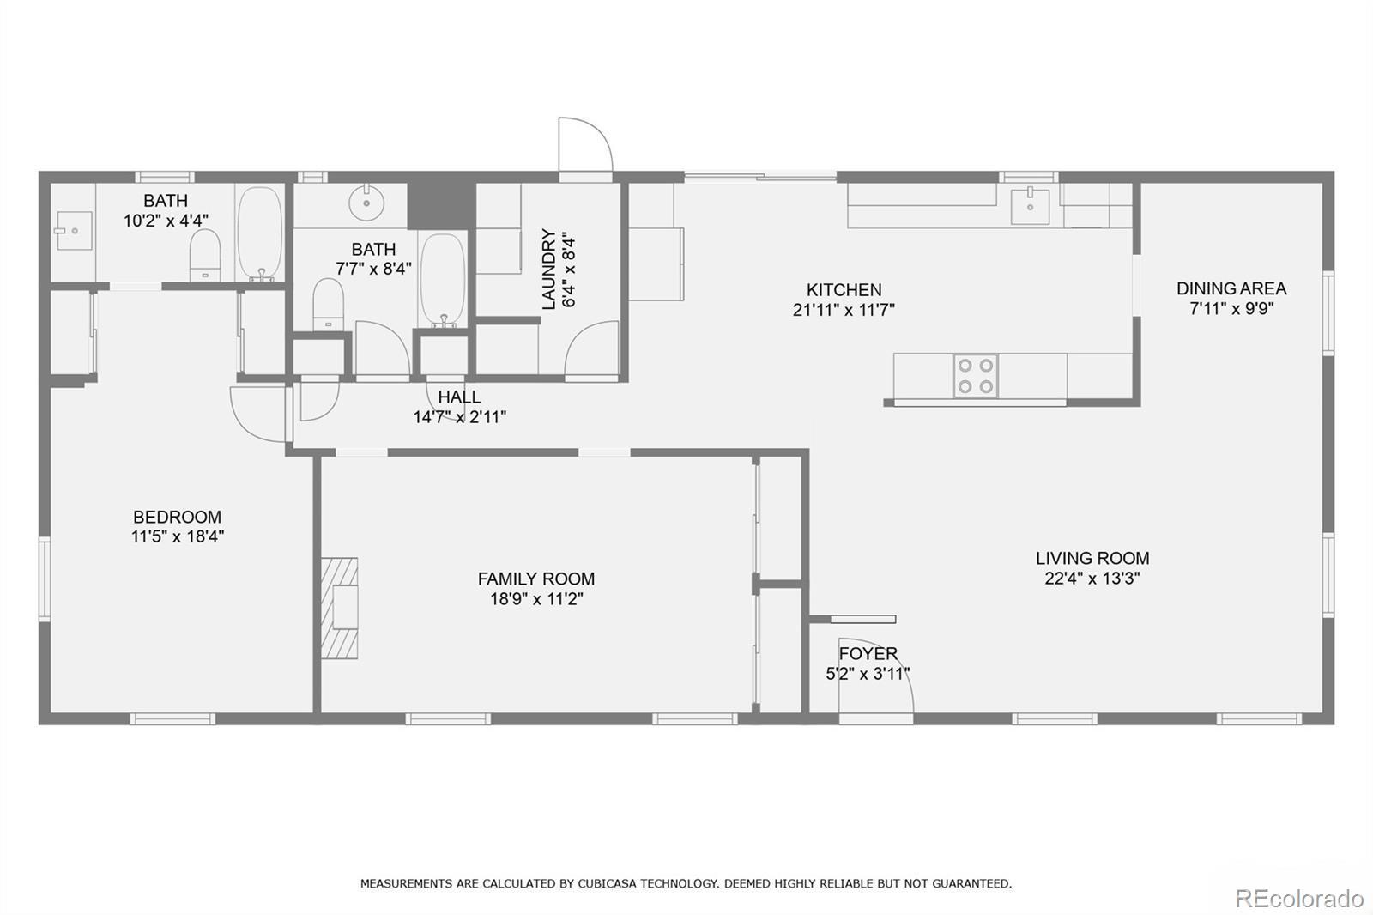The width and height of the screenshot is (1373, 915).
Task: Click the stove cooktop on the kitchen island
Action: click(976, 376)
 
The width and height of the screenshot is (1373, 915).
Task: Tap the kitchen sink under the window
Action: click(1030, 206)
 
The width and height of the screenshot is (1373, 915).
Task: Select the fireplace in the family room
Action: click(340, 608)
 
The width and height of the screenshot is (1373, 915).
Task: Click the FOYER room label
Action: click(868, 654)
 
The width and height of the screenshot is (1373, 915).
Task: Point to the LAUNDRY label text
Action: click(548, 269)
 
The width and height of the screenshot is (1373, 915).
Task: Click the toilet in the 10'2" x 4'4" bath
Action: click(205, 255)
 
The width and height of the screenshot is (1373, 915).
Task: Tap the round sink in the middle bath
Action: click(367, 203)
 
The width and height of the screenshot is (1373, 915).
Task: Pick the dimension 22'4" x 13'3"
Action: click(1092, 579)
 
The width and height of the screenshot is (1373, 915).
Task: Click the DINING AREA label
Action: click(1231, 288)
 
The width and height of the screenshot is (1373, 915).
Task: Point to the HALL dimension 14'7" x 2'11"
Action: click(459, 417)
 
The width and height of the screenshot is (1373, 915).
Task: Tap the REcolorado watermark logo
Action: click(1298, 899)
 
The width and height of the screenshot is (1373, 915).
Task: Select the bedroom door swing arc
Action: click(257, 413)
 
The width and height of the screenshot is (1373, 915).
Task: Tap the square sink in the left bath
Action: click(74, 230)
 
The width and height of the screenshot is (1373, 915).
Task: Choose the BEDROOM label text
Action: click(177, 517)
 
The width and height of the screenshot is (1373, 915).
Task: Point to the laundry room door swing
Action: click(592, 348)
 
